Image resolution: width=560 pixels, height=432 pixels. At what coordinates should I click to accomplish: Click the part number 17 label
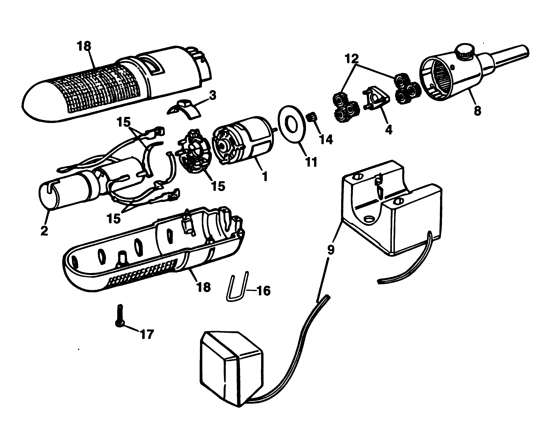click(147, 334)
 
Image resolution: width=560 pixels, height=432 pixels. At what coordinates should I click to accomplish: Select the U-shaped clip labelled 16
click(237, 287)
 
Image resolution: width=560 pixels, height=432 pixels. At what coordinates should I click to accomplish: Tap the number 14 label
click(326, 140)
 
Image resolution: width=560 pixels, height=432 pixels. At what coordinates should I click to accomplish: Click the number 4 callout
click(389, 130)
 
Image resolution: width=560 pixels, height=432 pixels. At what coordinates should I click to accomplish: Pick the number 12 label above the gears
click(352, 59)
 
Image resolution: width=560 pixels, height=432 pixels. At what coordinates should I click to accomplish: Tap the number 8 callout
click(477, 111)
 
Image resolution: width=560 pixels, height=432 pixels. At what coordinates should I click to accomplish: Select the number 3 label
click(212, 95)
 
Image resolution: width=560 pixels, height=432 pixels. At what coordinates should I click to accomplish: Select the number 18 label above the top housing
click(84, 46)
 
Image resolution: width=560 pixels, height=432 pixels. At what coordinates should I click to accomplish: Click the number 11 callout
click(312, 162)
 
